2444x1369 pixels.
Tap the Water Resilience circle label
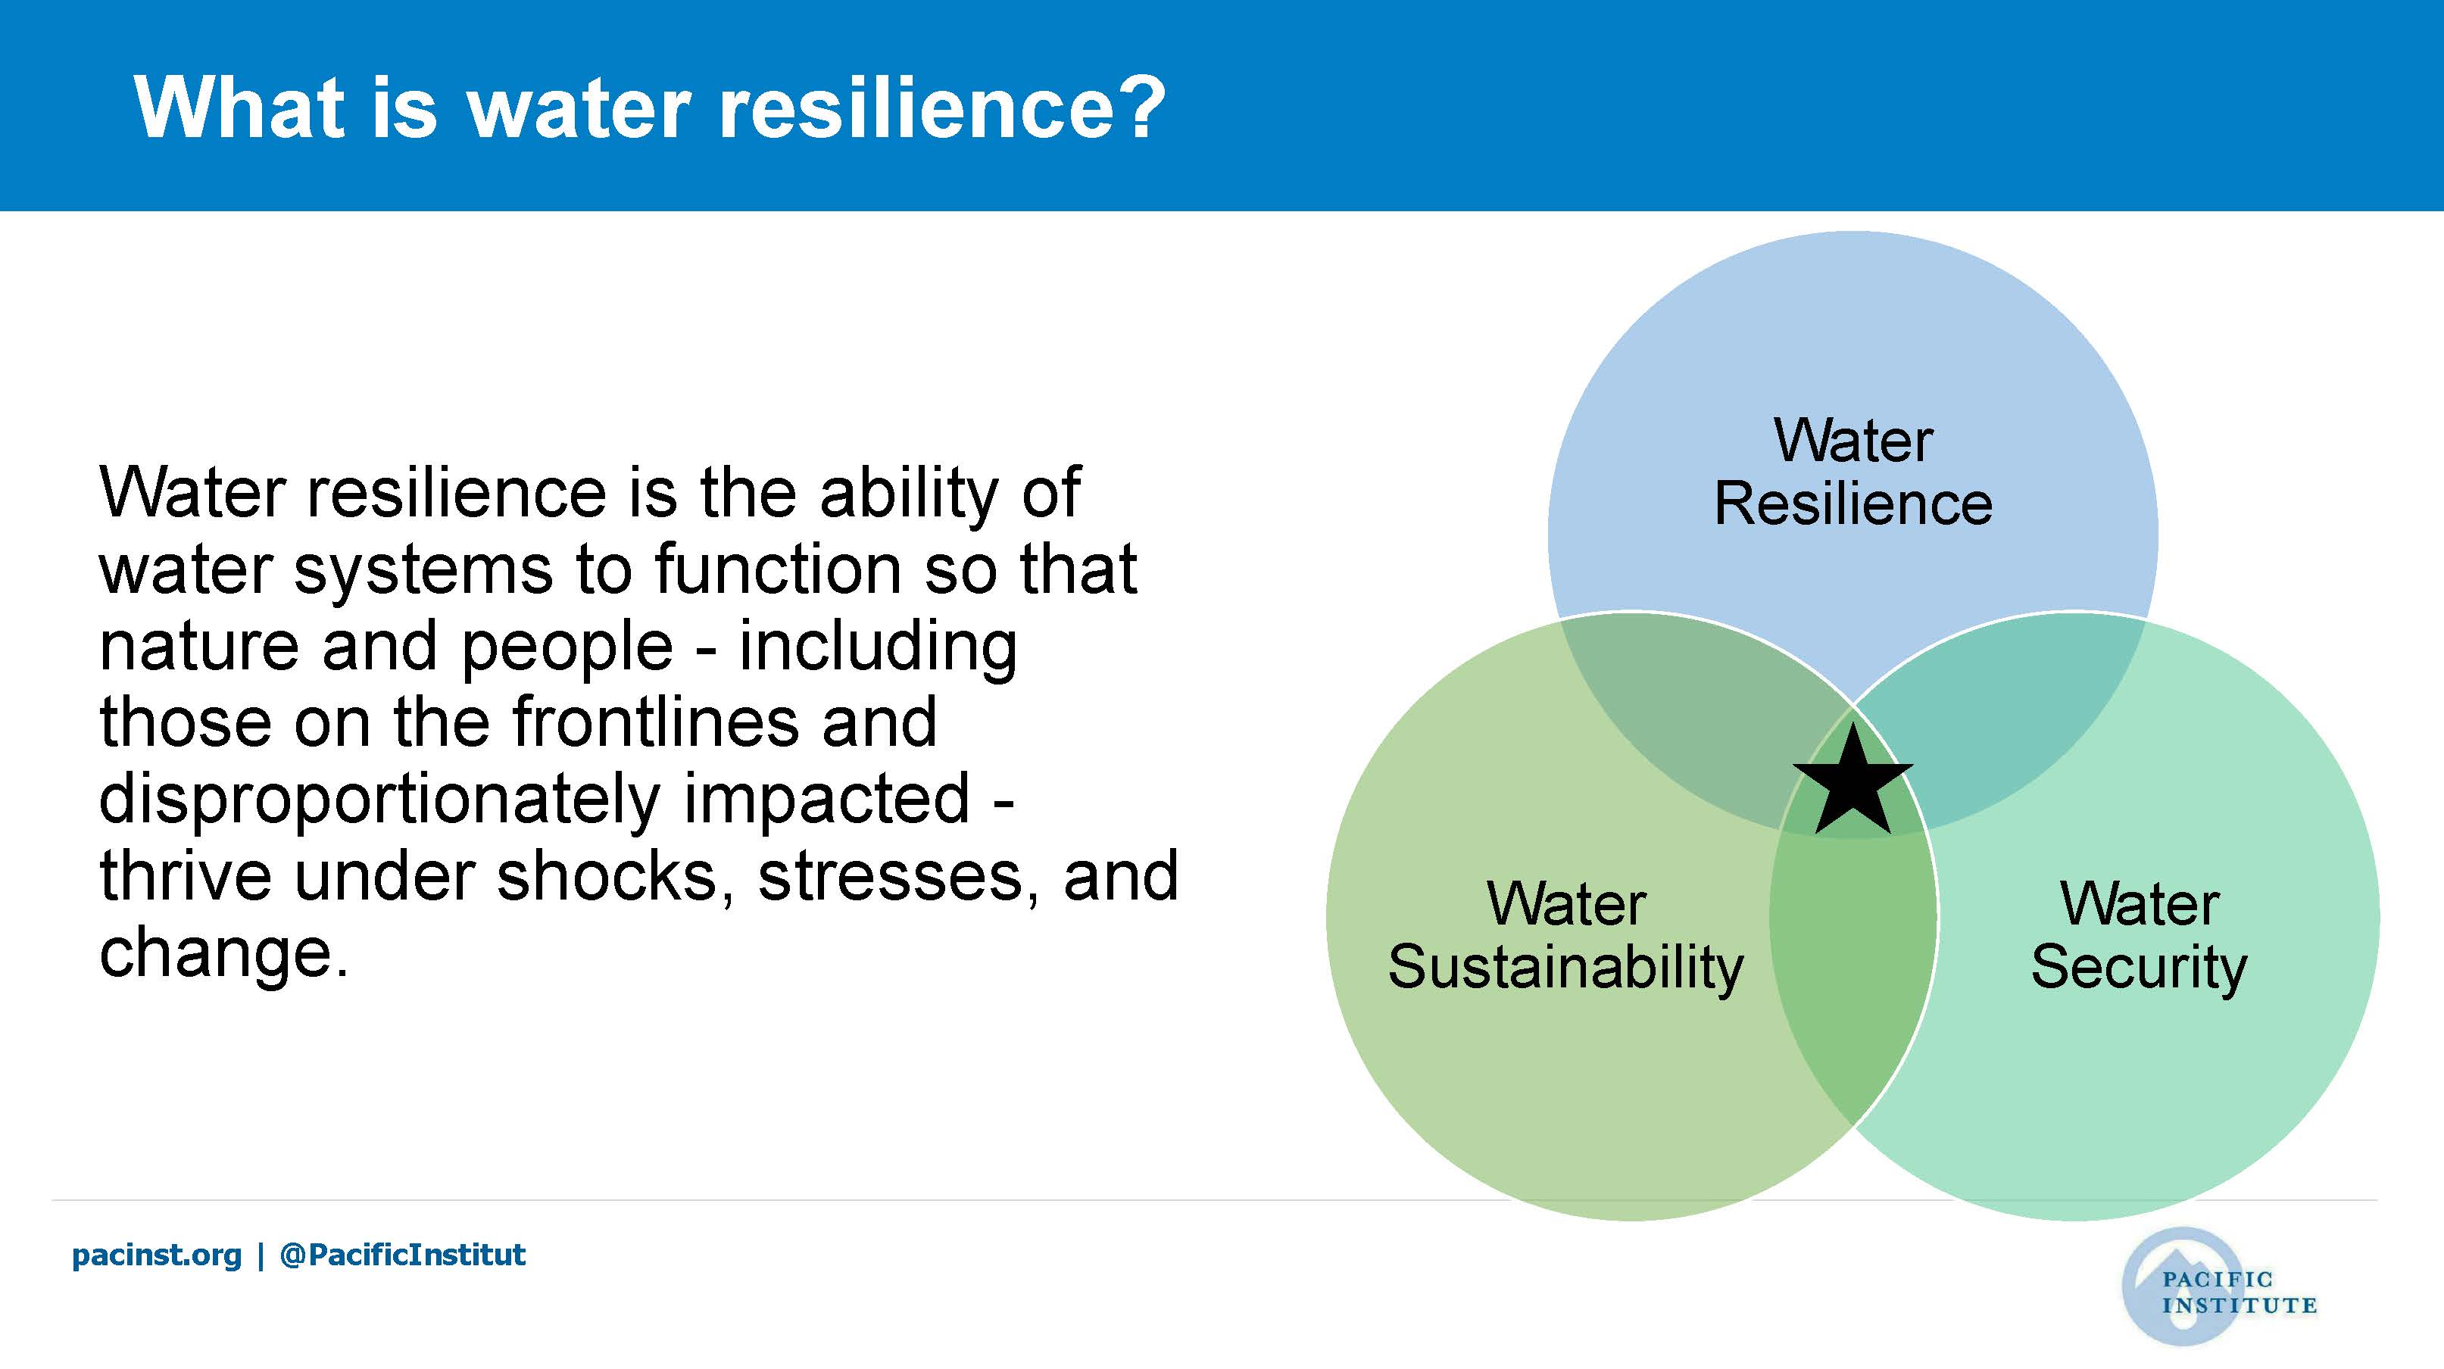[x=1853, y=472]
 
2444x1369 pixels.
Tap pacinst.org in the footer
[x=157, y=1255]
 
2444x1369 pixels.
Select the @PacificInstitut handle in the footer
[x=402, y=1255]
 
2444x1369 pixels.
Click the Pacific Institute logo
[x=2218, y=1288]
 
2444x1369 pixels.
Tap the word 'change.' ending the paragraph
[x=224, y=953]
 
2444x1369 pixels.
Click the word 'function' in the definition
[x=777, y=570]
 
